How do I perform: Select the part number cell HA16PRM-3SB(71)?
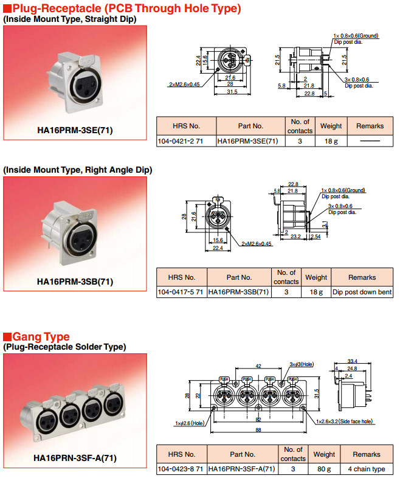point(238,292)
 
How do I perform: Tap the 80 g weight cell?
point(324,469)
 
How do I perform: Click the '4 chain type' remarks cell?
point(367,469)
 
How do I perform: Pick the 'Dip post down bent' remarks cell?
point(362,292)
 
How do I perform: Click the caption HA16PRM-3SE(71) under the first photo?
point(75,130)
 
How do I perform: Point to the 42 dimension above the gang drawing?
point(258,367)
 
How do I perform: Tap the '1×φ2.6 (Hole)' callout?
point(190,423)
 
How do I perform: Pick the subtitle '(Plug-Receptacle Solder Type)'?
point(65,347)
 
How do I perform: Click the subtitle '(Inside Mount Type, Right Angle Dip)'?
point(78,170)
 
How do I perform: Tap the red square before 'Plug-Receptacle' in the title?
point(7,9)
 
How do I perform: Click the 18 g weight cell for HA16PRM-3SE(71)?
point(331,141)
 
